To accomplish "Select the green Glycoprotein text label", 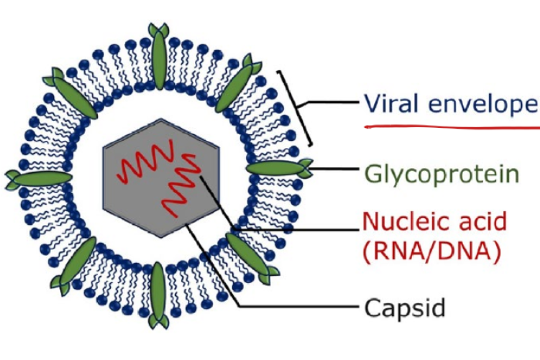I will point(424,171).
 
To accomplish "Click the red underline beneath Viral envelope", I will point(447,125).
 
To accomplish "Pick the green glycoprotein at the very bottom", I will point(158,297).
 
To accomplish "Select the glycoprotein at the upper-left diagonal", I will point(73,93).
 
